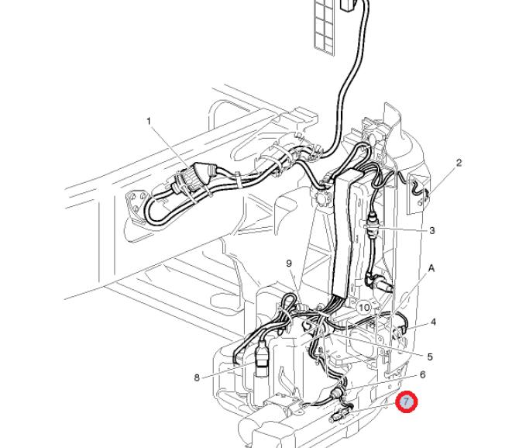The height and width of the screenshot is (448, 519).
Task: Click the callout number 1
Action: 150,121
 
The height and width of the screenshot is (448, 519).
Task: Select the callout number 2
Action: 459,163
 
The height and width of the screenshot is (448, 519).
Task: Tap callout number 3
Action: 431,230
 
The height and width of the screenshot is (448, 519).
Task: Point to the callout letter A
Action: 432,268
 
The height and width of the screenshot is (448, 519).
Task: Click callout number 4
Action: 433,322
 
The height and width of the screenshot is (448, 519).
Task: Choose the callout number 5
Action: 430,357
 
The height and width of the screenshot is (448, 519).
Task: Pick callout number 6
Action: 423,374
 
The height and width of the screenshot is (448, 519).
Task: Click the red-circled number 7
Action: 406,401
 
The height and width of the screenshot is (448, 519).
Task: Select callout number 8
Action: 198,377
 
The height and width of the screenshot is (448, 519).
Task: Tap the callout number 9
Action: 289,264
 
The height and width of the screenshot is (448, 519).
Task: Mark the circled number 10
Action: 365,308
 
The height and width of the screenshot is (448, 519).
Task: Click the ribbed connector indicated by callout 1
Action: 190,179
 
